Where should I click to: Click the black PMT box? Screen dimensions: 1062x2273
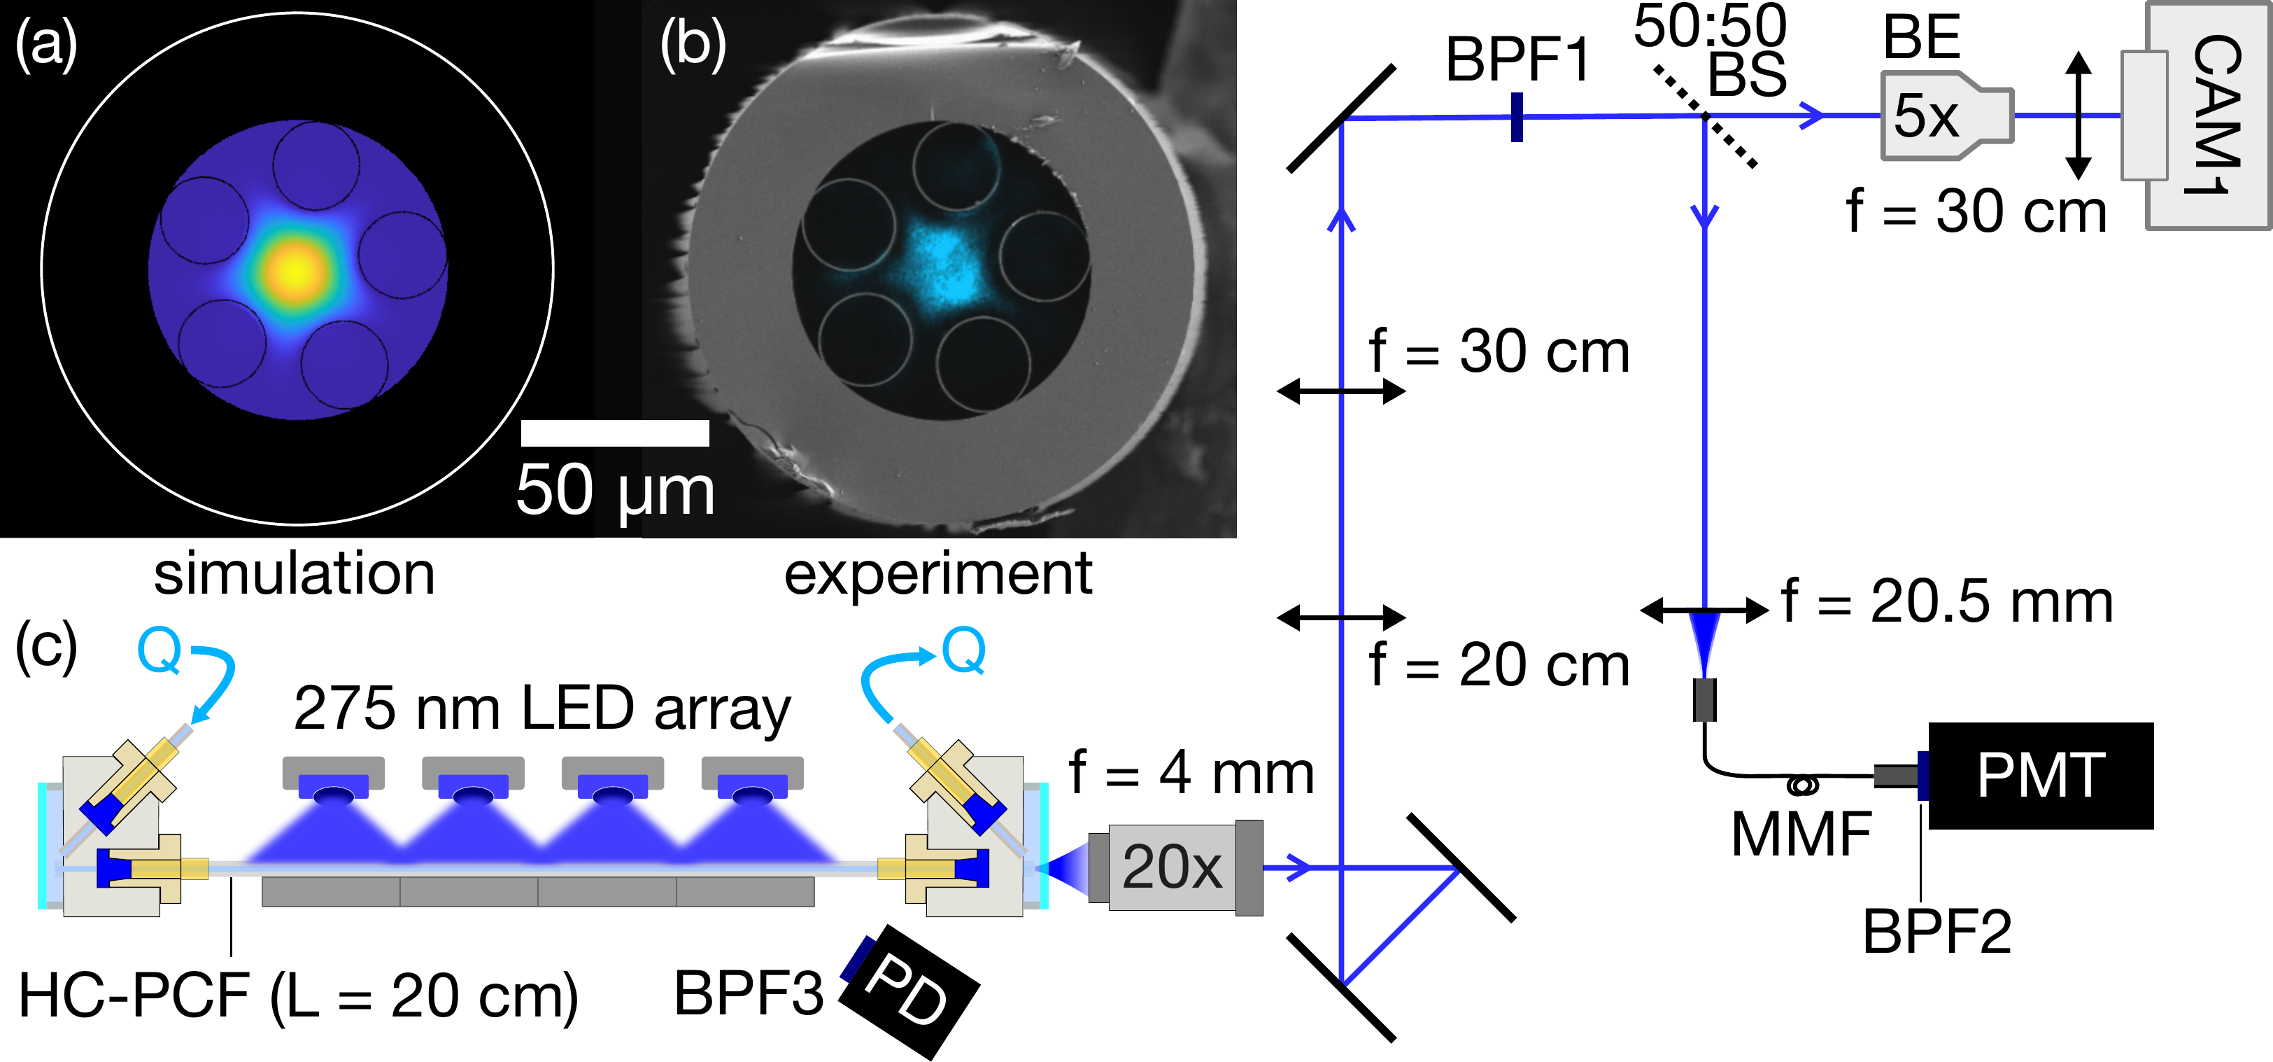2040,775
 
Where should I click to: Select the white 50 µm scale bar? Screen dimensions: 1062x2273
614,433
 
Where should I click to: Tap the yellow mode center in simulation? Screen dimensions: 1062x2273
297,270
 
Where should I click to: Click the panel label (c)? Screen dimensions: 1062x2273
46,646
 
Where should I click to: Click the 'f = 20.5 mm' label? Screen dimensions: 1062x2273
1946,602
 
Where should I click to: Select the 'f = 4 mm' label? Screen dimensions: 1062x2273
1191,772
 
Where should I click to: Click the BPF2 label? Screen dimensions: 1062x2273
1936,931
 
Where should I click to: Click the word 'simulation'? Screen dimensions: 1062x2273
294,574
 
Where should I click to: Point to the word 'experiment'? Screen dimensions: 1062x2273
938,574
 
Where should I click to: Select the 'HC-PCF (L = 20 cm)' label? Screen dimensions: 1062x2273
298,995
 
